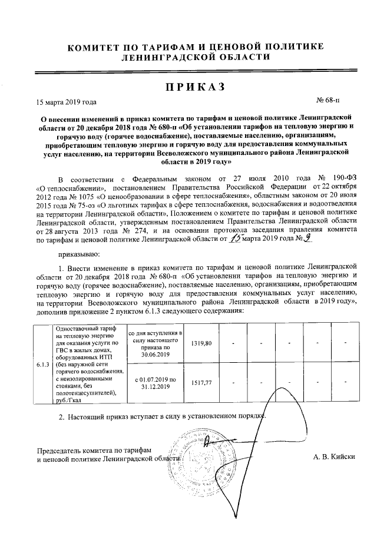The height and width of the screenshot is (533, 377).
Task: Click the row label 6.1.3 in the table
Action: coord(42,365)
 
